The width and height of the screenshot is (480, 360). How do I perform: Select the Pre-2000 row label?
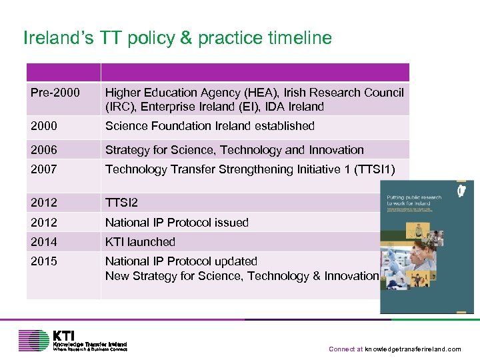pyautogui.click(x=54, y=93)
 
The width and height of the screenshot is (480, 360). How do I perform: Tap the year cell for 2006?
pyautogui.click(x=44, y=150)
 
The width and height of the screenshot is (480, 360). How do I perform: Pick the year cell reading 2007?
pyautogui.click(x=44, y=169)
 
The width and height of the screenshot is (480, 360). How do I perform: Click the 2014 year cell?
pyautogui.click(x=44, y=242)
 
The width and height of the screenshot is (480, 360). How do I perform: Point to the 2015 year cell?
pyautogui.click(x=44, y=261)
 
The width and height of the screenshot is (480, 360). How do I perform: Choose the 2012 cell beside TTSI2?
pyautogui.click(x=44, y=203)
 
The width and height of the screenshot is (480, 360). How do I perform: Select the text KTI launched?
pyautogui.click(x=140, y=242)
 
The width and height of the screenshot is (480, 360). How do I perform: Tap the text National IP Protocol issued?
pyautogui.click(x=177, y=223)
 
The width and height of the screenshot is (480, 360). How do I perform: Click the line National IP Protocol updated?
pyautogui.click(x=181, y=261)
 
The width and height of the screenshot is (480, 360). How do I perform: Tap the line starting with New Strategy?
pyautogui.click(x=241, y=276)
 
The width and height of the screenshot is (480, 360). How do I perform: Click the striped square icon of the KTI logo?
pyautogui.click(x=34, y=340)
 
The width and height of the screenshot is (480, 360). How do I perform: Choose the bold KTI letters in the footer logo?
pyautogui.click(x=65, y=335)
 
